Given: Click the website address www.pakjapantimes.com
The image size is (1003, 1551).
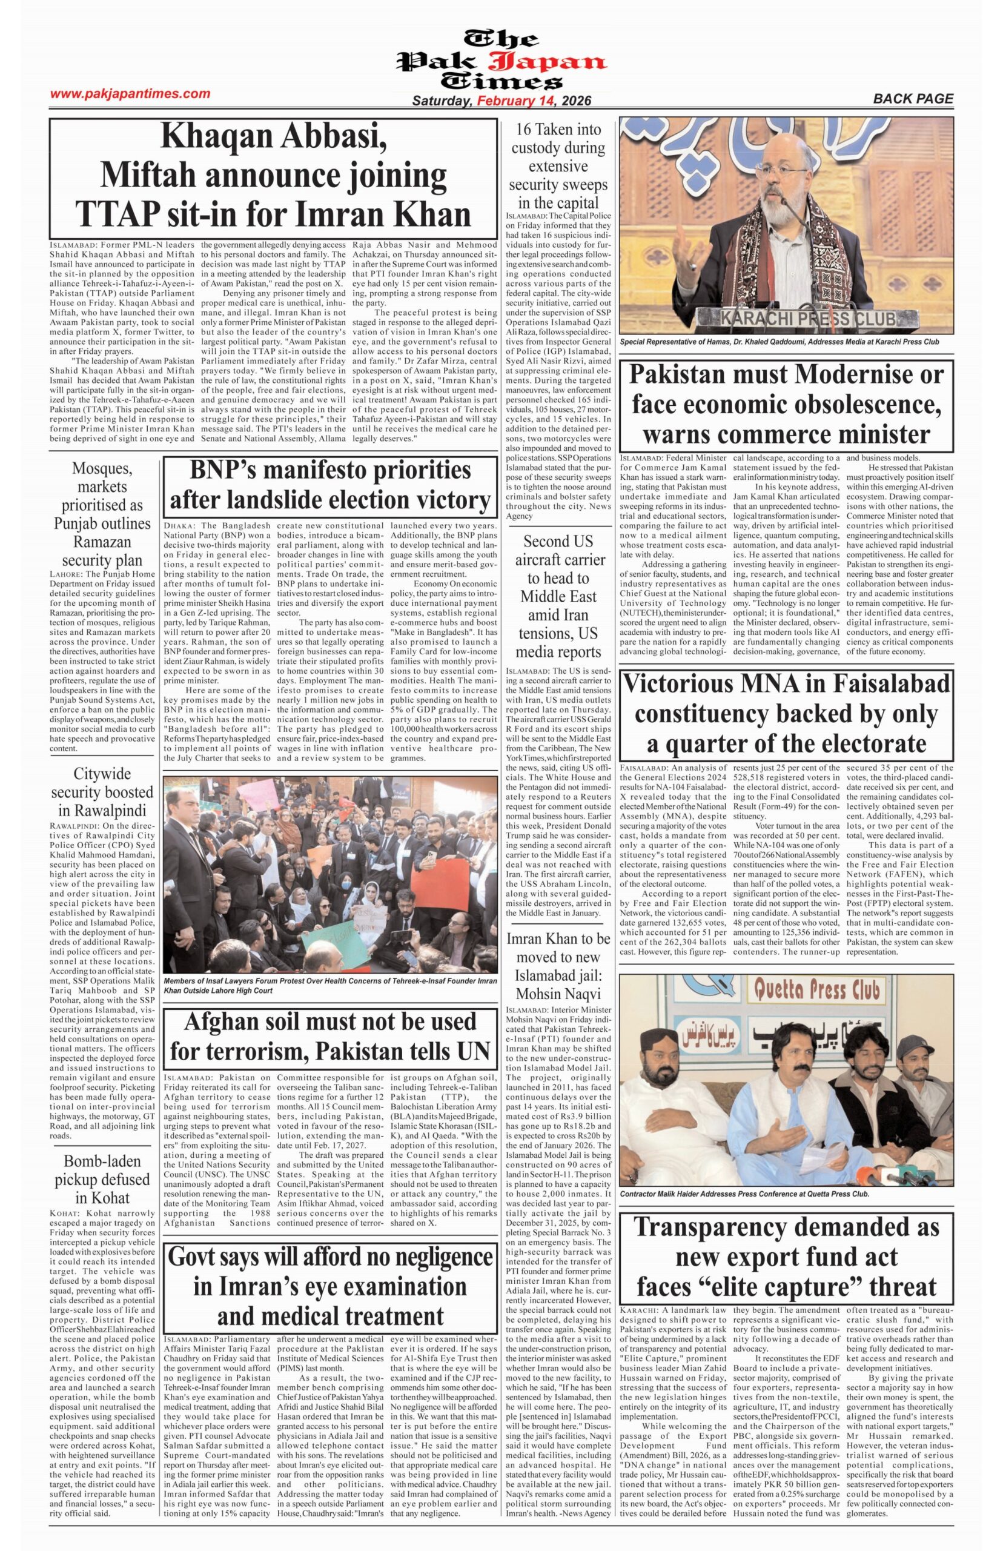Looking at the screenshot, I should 130,94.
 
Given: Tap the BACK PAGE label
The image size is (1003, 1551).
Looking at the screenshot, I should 913,99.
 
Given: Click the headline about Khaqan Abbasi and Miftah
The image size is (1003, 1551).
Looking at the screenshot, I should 274,176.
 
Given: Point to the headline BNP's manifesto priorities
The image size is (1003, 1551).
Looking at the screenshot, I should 330,485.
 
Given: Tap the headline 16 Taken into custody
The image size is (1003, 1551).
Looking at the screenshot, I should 558,165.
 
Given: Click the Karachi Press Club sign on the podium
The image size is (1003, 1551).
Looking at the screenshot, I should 807,319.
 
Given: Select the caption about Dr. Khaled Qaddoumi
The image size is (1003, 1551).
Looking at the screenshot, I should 779,341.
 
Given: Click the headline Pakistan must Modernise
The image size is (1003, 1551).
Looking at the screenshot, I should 786,404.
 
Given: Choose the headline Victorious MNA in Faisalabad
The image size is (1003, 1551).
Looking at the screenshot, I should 786,713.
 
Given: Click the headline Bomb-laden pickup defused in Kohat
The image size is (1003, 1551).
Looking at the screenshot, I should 102,1179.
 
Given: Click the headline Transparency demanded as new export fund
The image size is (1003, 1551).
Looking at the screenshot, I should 786,1257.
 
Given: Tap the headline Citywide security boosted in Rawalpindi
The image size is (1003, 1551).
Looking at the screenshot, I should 102,792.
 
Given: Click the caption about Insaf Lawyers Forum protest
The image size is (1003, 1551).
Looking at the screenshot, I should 330,985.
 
